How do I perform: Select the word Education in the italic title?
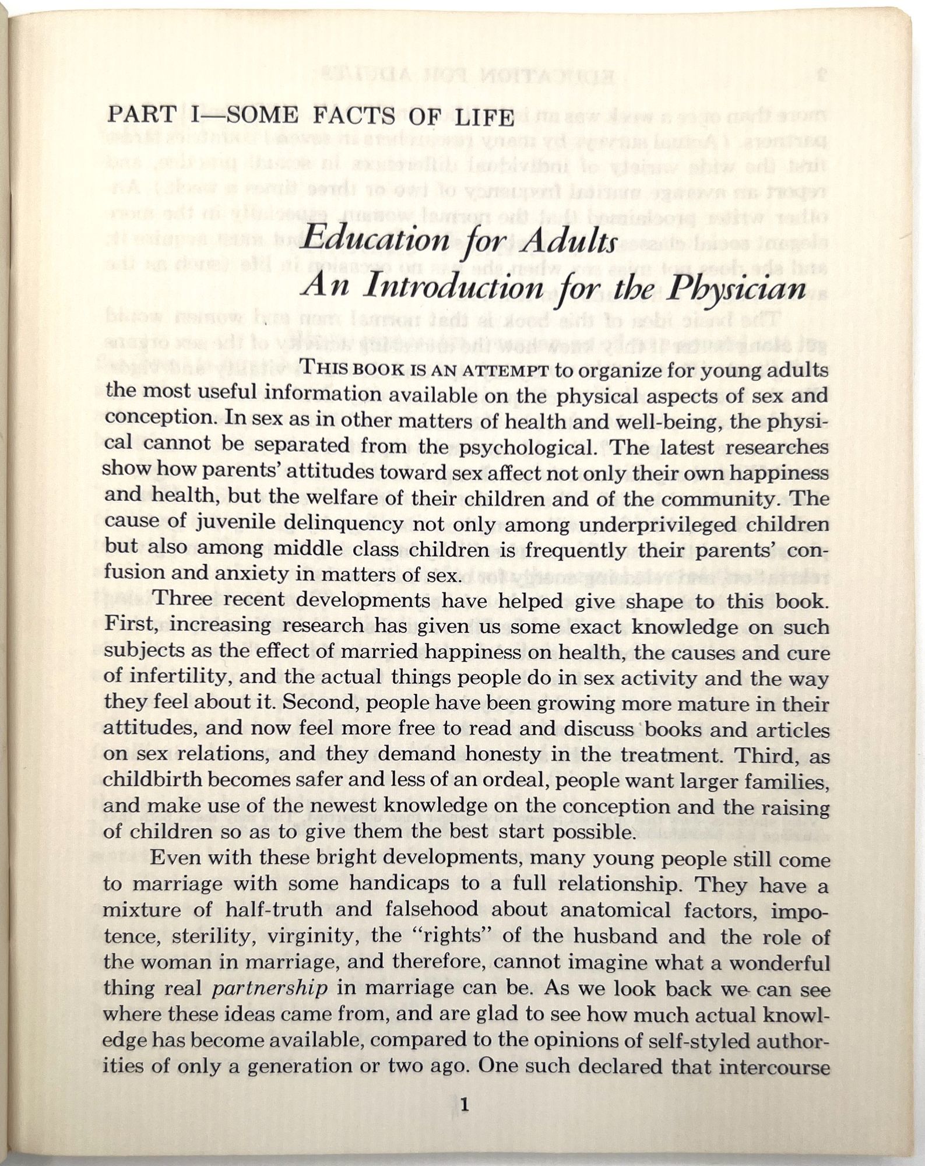(377, 239)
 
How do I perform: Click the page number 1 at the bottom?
(464, 1104)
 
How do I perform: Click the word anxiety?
(252, 574)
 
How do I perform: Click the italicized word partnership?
(269, 988)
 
